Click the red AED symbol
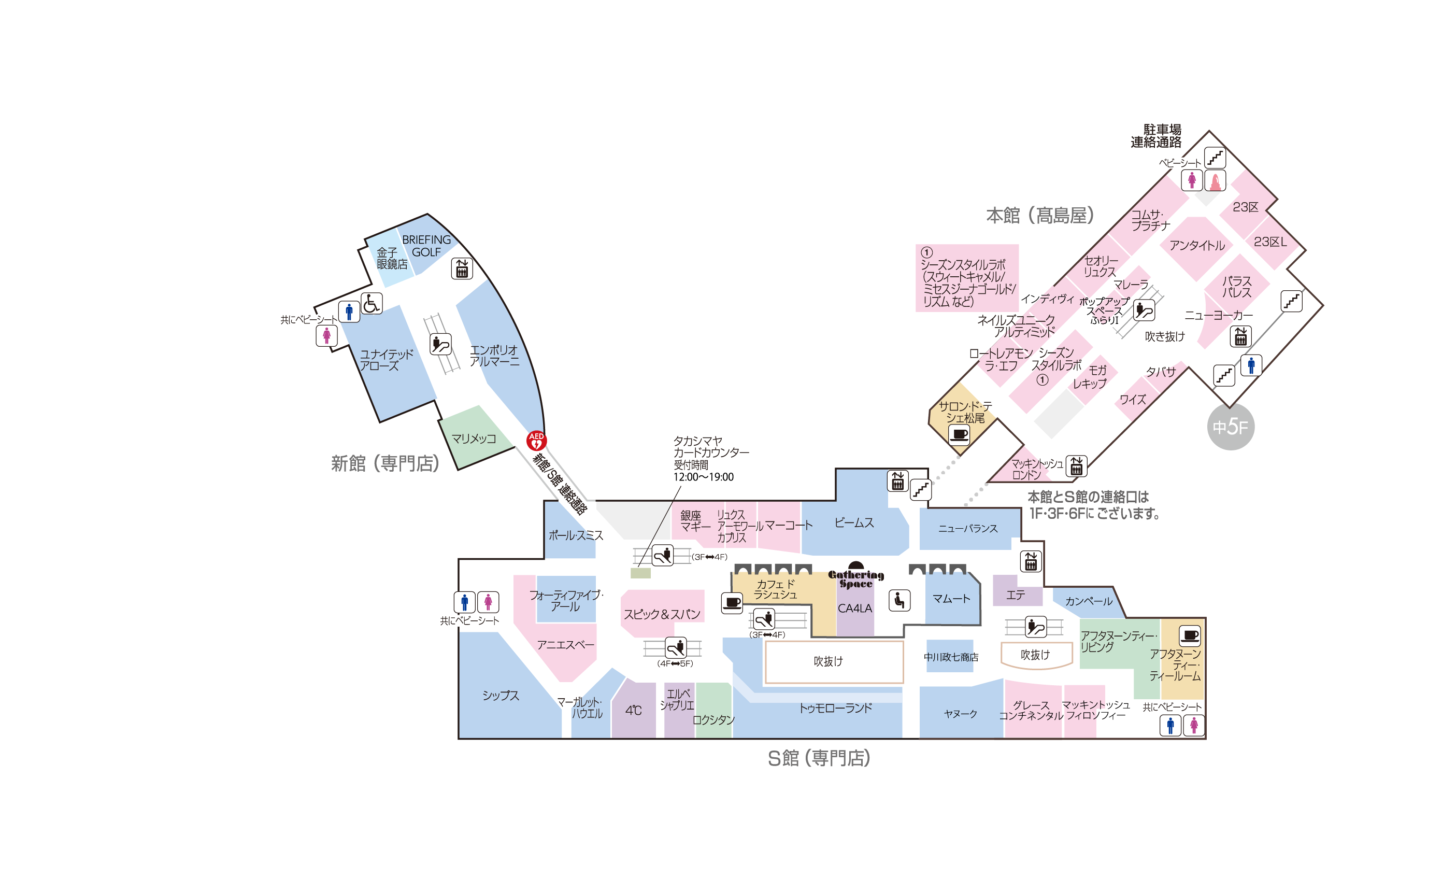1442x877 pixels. click(x=536, y=440)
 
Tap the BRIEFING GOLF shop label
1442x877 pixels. click(x=426, y=246)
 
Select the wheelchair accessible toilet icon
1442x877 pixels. click(x=372, y=303)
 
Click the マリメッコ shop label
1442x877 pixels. click(x=474, y=438)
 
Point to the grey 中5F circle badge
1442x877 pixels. click(x=1230, y=427)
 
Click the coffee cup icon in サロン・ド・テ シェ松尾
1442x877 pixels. click(x=959, y=434)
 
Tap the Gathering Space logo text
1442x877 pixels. click(x=855, y=578)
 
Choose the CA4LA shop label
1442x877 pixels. click(x=854, y=609)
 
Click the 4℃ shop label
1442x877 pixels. click(x=633, y=710)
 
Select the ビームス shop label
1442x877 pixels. click(x=854, y=523)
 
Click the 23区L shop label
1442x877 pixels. click(x=1269, y=242)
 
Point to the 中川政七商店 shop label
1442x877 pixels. click(x=951, y=657)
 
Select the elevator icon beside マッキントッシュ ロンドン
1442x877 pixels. click(x=1076, y=466)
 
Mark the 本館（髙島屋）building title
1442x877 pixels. click(x=1039, y=216)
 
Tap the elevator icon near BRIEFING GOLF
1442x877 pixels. click(x=462, y=268)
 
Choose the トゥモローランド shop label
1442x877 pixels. click(x=835, y=709)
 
